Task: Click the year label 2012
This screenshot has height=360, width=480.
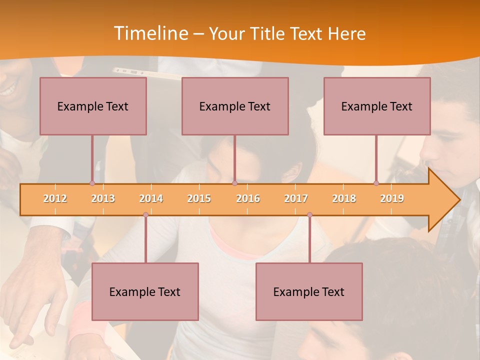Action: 55,198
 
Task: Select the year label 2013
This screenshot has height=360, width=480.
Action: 103,198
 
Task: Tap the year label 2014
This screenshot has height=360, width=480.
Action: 151,198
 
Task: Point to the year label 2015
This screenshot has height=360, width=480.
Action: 199,198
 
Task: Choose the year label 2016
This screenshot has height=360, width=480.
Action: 248,198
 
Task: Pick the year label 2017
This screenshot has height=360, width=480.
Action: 296,198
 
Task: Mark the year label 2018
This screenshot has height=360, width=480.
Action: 344,198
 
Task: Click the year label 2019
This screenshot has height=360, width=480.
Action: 392,198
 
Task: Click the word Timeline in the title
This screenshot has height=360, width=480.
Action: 150,33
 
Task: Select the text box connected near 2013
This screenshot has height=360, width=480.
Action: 93,106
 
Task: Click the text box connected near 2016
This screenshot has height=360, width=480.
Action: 235,106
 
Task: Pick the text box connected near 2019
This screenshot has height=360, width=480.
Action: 377,106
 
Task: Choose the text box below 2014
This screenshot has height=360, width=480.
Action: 145,291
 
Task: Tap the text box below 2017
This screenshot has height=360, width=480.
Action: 309,291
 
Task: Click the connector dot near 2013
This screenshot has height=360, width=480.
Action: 92,183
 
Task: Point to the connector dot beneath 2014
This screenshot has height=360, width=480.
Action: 145,214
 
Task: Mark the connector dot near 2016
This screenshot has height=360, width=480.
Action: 234,183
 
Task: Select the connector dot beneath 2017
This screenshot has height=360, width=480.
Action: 309,214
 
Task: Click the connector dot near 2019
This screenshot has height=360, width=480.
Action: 376,183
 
